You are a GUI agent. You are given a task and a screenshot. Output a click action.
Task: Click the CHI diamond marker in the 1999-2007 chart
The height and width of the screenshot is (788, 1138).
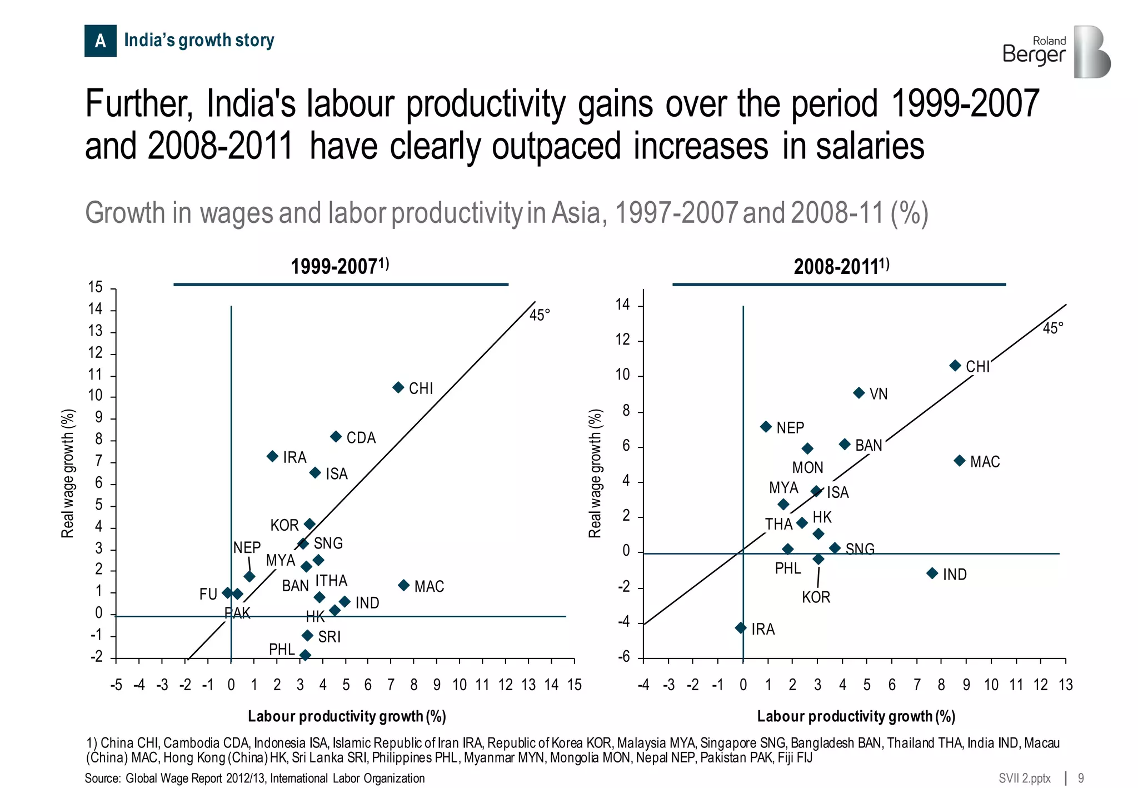pos(398,387)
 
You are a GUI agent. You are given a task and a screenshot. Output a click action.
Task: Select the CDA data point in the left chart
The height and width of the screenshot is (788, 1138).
pos(336,437)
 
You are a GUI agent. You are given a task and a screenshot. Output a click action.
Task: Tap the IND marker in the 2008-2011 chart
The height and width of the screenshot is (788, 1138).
pos(932,573)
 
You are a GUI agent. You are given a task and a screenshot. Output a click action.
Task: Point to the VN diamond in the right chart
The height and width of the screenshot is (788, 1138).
pos(859,393)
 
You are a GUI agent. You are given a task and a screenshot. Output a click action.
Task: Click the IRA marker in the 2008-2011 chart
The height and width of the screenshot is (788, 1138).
pos(741,628)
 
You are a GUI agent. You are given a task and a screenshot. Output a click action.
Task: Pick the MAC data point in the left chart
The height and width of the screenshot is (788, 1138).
pos(404,585)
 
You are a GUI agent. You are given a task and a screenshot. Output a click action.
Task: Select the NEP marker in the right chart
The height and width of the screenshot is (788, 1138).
pos(766,427)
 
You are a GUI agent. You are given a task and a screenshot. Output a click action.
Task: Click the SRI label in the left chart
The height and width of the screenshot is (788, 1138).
pos(329,637)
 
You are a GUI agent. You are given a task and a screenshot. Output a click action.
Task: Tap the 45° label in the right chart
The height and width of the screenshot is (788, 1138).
pos(1052,328)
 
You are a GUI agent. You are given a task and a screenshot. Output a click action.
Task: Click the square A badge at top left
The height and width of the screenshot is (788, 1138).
pos(101,41)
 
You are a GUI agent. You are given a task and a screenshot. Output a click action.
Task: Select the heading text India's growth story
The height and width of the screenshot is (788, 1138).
pos(199,41)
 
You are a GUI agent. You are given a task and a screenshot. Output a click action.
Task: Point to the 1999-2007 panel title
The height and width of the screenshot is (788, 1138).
pos(340,267)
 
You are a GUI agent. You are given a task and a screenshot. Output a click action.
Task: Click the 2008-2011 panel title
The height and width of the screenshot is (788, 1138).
pos(841,267)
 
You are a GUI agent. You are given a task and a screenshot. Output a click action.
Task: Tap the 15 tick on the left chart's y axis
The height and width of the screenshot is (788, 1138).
pos(96,287)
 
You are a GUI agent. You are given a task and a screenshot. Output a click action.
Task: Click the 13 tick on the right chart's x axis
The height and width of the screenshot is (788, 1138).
pos(1065,685)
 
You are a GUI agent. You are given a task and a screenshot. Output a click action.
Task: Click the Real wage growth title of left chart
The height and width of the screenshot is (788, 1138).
pos(67,473)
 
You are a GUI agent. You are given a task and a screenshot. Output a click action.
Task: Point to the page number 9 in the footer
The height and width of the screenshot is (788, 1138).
pos(1081,778)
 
